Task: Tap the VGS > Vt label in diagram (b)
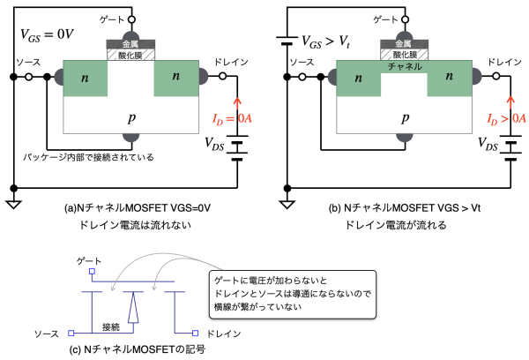[324, 41]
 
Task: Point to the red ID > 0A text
[505, 118]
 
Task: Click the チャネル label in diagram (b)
[405, 66]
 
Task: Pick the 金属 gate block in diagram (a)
[130, 43]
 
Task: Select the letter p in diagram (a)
[130, 116]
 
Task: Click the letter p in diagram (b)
[405, 116]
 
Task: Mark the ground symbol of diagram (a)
[12, 205]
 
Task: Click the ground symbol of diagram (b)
[284, 205]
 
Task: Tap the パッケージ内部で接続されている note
[88, 157]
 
